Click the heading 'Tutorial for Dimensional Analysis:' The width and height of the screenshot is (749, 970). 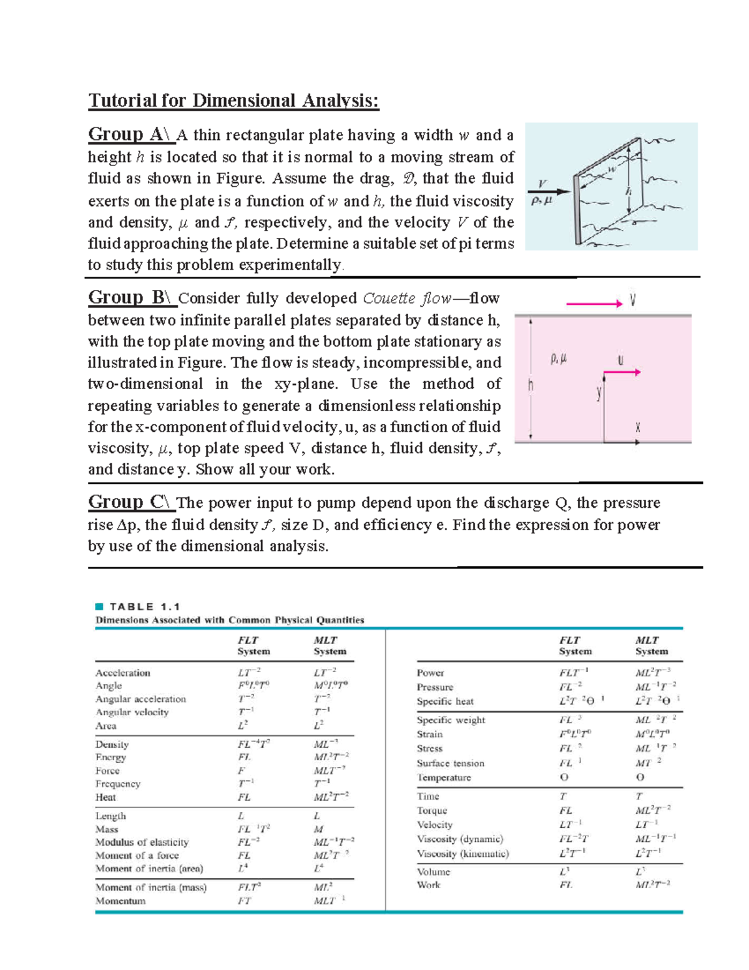pyautogui.click(x=233, y=101)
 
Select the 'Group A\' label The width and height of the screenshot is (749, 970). pyautogui.click(x=129, y=134)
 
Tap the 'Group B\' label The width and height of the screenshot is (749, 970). pyautogui.click(x=129, y=297)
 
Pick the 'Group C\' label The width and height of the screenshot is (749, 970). pyautogui.click(x=129, y=502)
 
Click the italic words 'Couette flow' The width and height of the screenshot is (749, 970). pyautogui.click(x=406, y=299)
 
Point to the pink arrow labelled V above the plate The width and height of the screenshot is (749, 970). pyautogui.click(x=594, y=304)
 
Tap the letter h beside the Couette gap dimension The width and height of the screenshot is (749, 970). pyautogui.click(x=531, y=385)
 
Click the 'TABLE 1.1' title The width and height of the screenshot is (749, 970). pyautogui.click(x=144, y=606)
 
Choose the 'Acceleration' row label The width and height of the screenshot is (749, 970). pyautogui.click(x=123, y=673)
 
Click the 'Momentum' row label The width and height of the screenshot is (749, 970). pyautogui.click(x=120, y=901)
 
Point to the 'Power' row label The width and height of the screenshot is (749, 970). pyautogui.click(x=430, y=673)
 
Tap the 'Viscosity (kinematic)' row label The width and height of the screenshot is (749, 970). pyautogui.click(x=463, y=853)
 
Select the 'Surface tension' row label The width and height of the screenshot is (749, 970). pyautogui.click(x=450, y=763)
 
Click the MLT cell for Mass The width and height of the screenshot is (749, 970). pyautogui.click(x=318, y=829)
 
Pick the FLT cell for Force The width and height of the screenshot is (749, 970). pyautogui.click(x=241, y=771)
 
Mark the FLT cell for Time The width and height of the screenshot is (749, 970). pyautogui.click(x=563, y=796)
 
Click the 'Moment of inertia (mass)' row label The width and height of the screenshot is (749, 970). pyautogui.click(x=150, y=887)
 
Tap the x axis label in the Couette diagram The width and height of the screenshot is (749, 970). pyautogui.click(x=638, y=428)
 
